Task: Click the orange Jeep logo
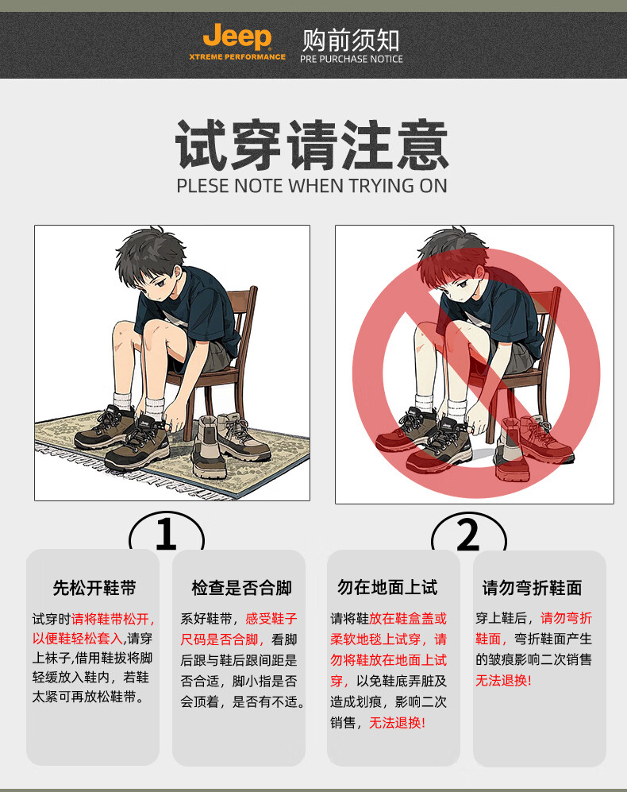(237, 37)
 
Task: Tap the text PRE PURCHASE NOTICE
(352, 59)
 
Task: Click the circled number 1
(167, 533)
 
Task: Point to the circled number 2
(468, 535)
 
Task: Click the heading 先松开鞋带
(94, 587)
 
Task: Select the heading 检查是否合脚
(241, 587)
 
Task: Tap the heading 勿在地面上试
(387, 587)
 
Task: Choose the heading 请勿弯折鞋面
(532, 587)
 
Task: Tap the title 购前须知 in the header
(351, 40)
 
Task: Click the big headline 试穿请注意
(312, 145)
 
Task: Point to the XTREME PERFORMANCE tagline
(237, 57)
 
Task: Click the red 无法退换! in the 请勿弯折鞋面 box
(503, 680)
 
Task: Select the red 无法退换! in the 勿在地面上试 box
(398, 723)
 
